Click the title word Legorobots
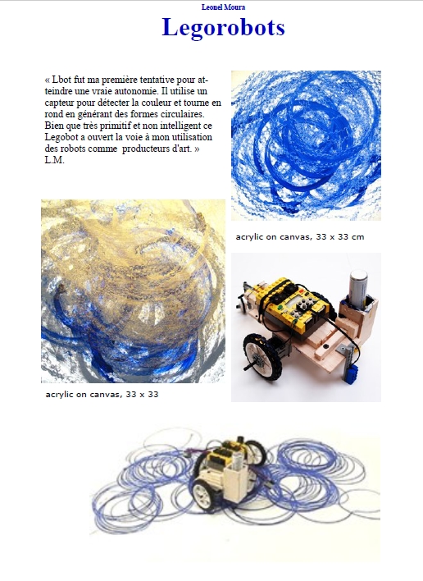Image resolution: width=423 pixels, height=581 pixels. tap(223, 28)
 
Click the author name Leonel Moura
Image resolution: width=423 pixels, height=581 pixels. tap(223, 7)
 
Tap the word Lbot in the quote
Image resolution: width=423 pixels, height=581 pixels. tap(61, 80)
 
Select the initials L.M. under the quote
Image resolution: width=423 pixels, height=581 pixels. tap(54, 160)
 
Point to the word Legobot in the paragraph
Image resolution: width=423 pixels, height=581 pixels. tap(61, 138)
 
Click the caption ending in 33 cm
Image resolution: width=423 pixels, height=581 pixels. tap(300, 237)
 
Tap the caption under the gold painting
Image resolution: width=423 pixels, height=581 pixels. tap(102, 394)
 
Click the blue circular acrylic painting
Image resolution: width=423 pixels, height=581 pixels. tap(306, 145)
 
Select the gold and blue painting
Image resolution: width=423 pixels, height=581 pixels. tap(134, 291)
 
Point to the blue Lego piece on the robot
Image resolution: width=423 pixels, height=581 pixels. tap(350, 373)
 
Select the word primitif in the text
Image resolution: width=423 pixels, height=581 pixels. tap(112, 126)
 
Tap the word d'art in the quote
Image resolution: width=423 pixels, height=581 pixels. tap(182, 149)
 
